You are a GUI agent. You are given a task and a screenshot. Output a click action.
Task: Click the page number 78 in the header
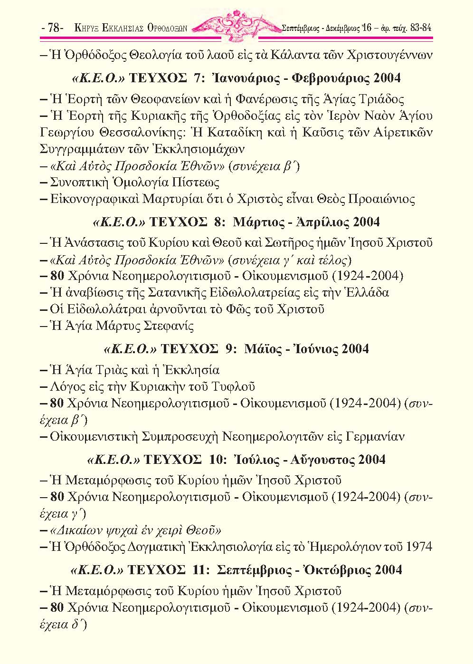[x=53, y=28]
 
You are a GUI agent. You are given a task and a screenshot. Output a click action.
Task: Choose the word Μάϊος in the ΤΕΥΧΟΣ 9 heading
[x=260, y=348]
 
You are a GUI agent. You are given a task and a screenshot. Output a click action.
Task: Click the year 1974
[x=419, y=547]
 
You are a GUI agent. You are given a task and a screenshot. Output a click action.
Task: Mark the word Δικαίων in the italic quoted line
[x=76, y=530]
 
